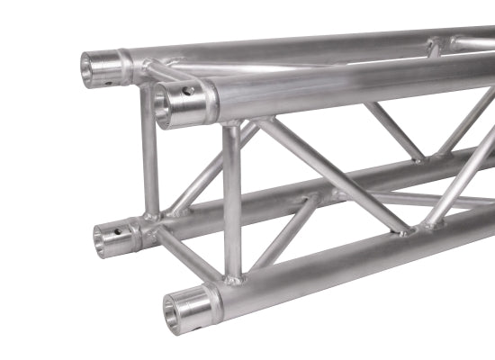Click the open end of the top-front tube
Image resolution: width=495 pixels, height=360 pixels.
click(x=165, y=106)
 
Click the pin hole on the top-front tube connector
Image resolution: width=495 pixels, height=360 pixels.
click(x=189, y=90)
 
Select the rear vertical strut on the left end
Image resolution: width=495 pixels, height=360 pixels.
click(x=149, y=153)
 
